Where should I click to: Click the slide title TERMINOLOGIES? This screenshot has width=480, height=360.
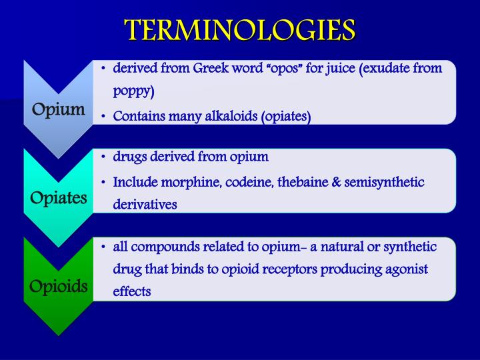240,29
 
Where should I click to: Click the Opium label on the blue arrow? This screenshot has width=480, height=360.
59,109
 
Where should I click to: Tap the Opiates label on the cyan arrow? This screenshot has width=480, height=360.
59,198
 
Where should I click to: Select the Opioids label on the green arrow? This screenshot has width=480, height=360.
59,287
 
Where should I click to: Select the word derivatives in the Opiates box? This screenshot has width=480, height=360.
145,205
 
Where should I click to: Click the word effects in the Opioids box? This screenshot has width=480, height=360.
132,291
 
